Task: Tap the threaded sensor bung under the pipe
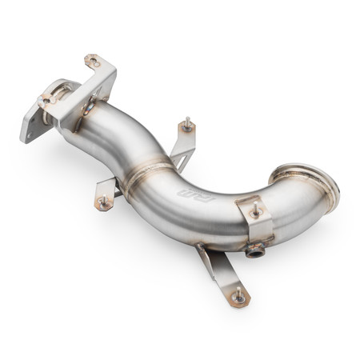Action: pyautogui.click(x=254, y=252)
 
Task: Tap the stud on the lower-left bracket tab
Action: pyautogui.click(x=102, y=202)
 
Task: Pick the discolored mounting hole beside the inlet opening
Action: pyautogui.click(x=47, y=99)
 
